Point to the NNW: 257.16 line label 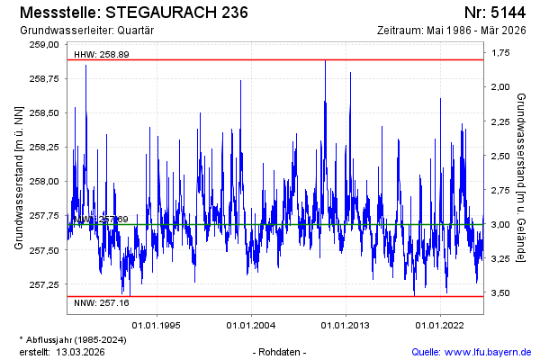point(101,302)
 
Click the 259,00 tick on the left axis point(43,44)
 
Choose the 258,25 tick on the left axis point(43,147)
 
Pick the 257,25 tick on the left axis point(43,283)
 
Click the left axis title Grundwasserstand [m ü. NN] point(19,176)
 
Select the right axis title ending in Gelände point(522,176)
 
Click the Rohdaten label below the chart point(282,351)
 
